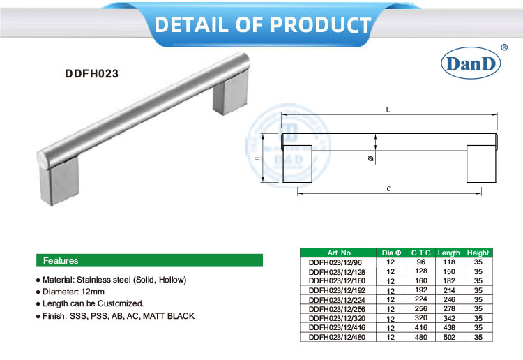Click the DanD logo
pyautogui.click(x=471, y=63)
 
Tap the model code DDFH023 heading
pyautogui.click(x=88, y=71)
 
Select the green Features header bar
pyautogui.click(x=149, y=260)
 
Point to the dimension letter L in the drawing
pyautogui.click(x=387, y=110)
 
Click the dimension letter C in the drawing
pyautogui.click(x=387, y=189)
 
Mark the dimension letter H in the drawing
pyautogui.click(x=257, y=159)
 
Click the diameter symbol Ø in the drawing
pyautogui.click(x=370, y=158)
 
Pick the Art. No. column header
pyautogui.click(x=340, y=253)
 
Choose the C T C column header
pyautogui.click(x=420, y=253)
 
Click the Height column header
pyautogui.click(x=478, y=253)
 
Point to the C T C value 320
pyautogui.click(x=420, y=319)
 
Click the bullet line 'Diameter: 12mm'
pyautogui.click(x=73, y=292)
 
